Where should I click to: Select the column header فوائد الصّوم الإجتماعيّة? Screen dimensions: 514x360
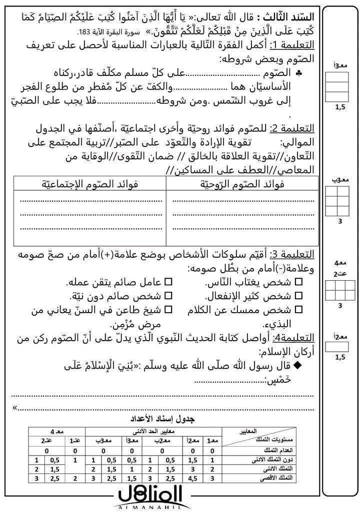[89, 184]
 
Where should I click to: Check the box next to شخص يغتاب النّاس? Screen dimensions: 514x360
[299, 282]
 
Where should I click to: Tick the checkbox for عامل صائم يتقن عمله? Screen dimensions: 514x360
[168, 282]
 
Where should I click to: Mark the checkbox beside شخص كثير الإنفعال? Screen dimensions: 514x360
[299, 296]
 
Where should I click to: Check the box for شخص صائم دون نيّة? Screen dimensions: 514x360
[168, 296]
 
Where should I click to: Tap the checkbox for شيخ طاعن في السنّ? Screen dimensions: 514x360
[168, 310]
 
